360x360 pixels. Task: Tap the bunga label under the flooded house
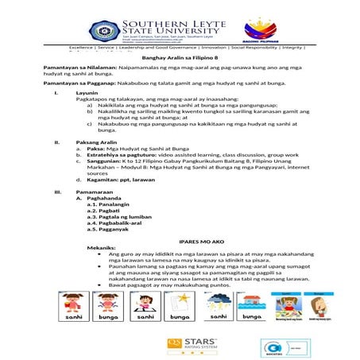click(x=250, y=315)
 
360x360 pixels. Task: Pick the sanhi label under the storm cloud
click(x=216, y=315)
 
